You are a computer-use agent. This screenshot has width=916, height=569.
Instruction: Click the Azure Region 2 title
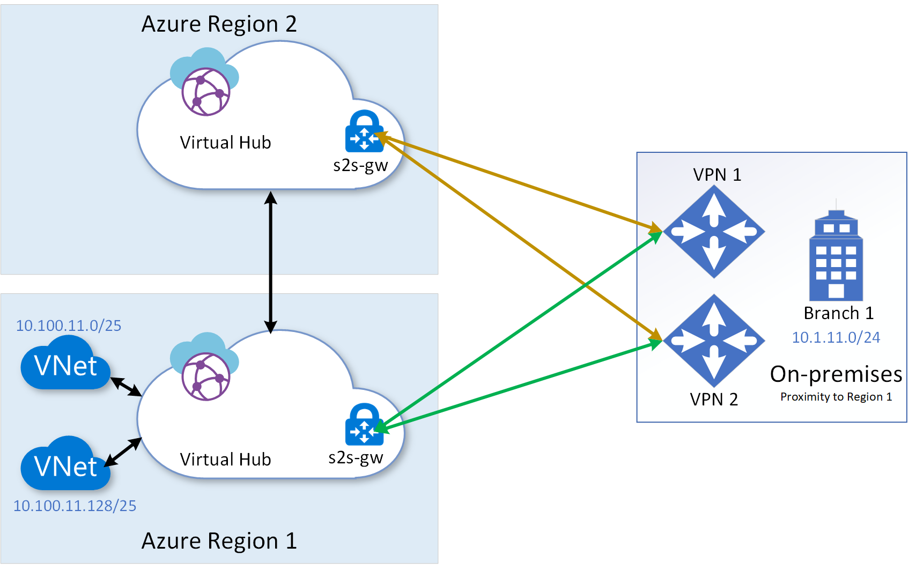pos(219,24)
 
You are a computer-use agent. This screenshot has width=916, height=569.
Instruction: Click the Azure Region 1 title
pos(219,541)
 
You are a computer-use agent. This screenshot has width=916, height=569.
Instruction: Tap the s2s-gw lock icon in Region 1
pos(364,425)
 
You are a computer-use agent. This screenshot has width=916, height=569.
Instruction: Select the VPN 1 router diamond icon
pos(714,232)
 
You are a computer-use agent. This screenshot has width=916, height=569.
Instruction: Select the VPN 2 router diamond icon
pos(714,340)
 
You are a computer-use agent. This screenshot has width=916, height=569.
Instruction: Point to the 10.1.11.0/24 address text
pos(836,337)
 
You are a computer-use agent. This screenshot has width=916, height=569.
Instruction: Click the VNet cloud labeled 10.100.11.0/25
pos(65,365)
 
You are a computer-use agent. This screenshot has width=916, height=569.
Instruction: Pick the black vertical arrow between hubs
pos(271,262)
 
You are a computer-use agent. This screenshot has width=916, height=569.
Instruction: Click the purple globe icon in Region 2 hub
pos(206,91)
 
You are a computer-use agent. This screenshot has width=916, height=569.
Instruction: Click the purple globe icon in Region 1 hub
pos(206,376)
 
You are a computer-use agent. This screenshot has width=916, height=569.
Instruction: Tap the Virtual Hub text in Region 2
pos(225,143)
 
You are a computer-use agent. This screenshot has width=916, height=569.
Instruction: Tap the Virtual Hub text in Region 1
pos(225,460)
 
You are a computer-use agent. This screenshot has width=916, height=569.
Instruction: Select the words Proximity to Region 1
pos(836,397)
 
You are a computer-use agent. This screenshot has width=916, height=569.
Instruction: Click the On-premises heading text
pos(836,374)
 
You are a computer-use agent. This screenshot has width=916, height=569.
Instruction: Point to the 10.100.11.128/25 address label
pos(75,506)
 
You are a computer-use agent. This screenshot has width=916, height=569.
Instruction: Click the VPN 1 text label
pos(717,175)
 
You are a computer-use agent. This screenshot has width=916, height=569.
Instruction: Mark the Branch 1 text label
pos(838,313)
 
